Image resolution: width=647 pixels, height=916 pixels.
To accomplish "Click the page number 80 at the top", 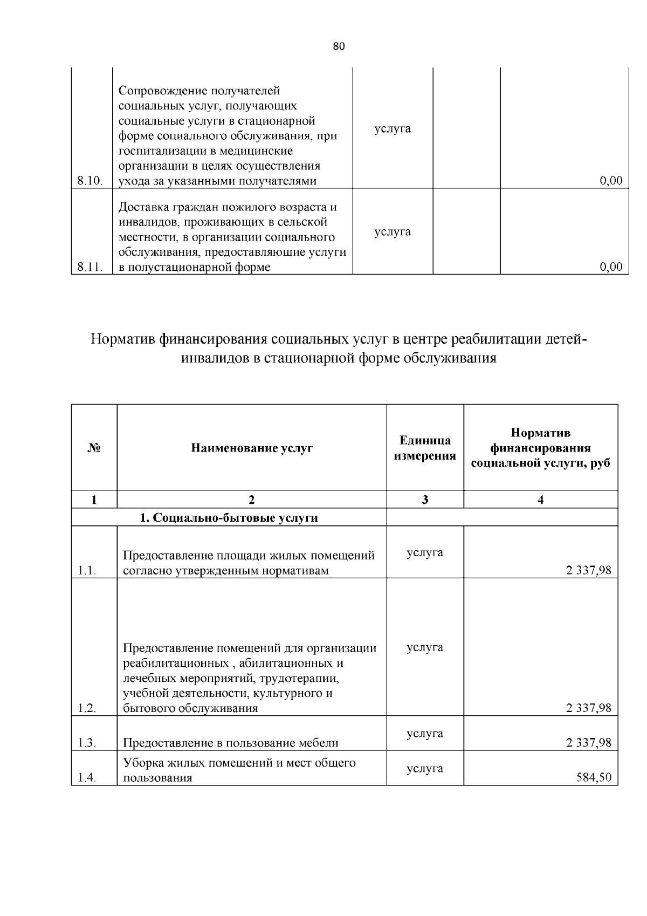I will (339, 46).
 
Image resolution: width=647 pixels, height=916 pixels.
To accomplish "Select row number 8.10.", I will (90, 181).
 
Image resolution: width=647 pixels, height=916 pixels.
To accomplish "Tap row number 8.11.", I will (90, 267).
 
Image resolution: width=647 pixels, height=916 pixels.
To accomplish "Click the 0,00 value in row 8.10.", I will (611, 181).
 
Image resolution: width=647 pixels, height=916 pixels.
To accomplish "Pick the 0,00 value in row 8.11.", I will (611, 267).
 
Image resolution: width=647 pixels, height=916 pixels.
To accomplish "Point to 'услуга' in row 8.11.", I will (393, 232).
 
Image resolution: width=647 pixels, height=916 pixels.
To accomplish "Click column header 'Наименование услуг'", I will (252, 448).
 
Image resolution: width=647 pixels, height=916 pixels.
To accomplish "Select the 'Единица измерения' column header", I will (425, 448).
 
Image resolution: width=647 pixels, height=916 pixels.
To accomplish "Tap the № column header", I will (94, 448).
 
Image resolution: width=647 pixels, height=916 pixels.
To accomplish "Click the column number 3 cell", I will (425, 500).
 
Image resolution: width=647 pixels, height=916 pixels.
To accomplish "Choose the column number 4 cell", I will (541, 500).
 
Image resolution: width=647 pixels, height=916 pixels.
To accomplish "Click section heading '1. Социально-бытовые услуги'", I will (229, 518).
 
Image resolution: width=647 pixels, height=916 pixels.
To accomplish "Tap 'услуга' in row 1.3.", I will (425, 734).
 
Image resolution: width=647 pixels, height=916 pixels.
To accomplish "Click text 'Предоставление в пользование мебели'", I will (231, 743).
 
